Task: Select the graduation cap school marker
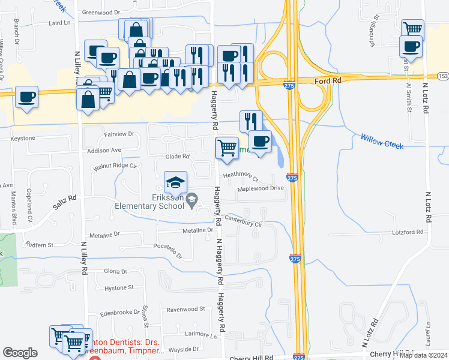coord(175,182)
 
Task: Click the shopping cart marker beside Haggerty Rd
coord(227,148)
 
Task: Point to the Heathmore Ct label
coord(240,176)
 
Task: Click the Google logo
coord(20,353)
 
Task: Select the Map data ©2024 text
coord(423,355)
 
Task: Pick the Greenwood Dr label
coord(101,11)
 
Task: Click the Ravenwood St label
coord(186,309)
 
